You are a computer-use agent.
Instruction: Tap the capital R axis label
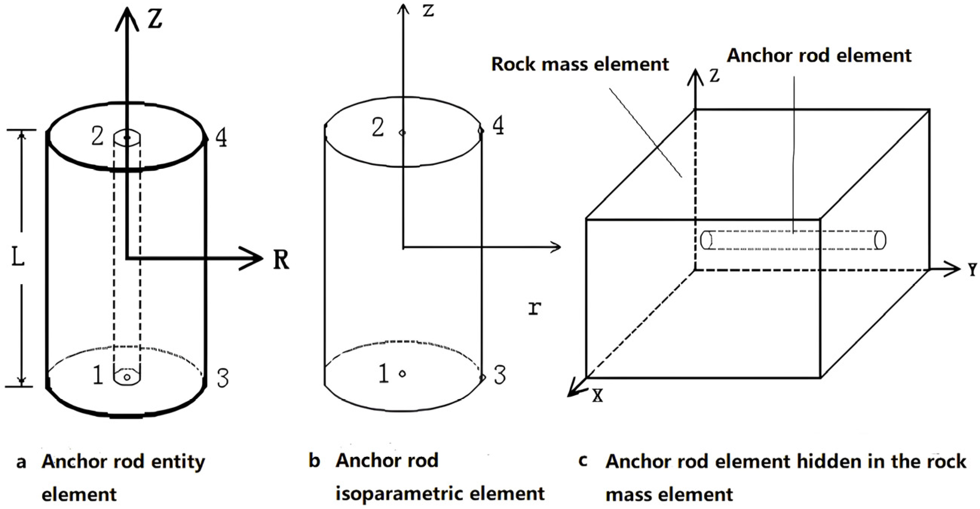281,260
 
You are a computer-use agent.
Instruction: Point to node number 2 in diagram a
97,136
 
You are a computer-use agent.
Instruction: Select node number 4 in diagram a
221,138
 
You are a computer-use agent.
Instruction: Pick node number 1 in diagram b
383,373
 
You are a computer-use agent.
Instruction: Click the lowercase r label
534,308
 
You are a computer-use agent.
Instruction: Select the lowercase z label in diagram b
428,10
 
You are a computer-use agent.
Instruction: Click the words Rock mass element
580,64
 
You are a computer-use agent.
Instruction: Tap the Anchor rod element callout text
819,55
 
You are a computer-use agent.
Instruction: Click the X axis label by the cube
598,396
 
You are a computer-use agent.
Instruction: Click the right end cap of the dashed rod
880,240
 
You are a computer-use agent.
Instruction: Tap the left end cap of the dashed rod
706,240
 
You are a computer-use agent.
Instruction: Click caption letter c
582,461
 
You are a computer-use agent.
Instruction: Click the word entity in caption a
178,462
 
